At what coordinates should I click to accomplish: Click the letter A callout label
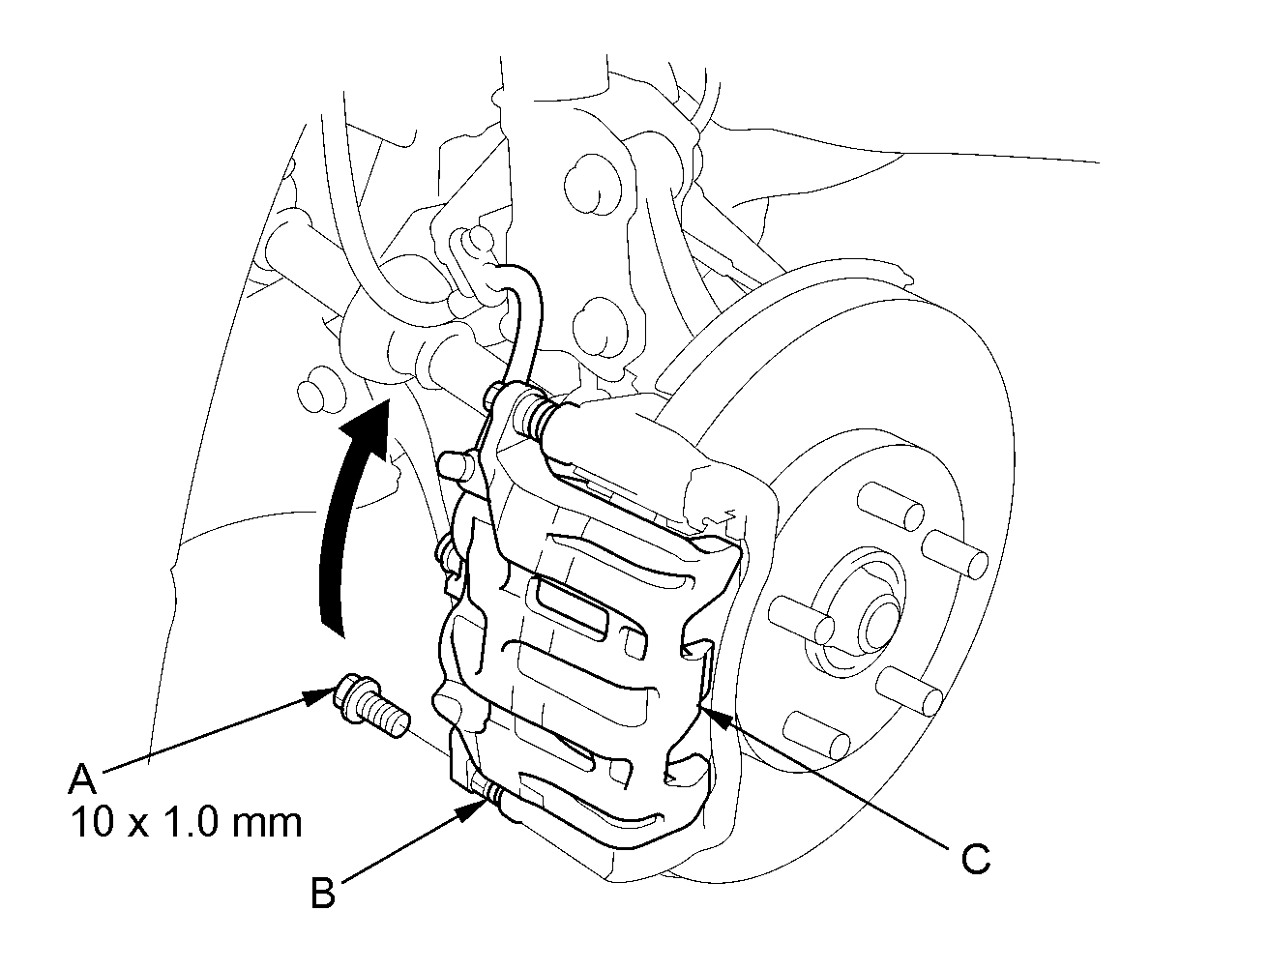[x=84, y=779]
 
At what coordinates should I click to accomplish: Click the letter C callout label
[x=975, y=858]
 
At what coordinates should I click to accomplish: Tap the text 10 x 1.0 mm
[x=186, y=822]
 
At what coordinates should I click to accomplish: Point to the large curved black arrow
[x=346, y=522]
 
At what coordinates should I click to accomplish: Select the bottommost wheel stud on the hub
[x=817, y=735]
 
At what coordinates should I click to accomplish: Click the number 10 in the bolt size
[x=89, y=822]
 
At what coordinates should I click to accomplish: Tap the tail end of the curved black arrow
[x=332, y=619]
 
